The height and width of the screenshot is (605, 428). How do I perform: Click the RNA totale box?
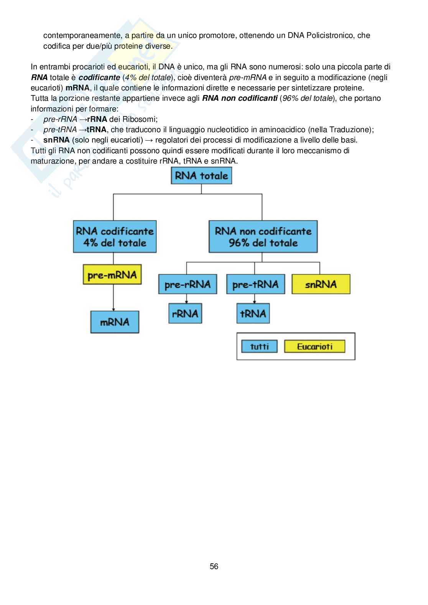pos(201,176)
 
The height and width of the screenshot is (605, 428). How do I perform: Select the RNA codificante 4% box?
pos(115,236)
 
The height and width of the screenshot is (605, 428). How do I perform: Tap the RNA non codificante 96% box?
pos(263,236)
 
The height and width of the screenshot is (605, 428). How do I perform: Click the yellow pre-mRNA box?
pos(112,274)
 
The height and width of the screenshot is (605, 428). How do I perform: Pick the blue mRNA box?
pos(115,321)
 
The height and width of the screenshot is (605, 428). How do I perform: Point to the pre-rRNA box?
pos(187,284)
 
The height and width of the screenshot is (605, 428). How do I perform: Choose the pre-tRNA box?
pos(255,284)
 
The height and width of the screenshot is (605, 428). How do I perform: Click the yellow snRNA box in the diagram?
pos(321,284)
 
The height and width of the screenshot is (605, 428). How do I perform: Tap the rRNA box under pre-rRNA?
pos(185,313)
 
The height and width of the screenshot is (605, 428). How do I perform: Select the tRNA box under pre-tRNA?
pos(253,313)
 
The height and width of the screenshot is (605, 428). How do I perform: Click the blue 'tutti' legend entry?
pos(260,346)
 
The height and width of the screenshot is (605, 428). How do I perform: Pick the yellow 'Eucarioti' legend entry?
pos(314,346)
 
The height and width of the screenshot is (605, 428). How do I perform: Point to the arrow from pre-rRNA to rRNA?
pos(187,298)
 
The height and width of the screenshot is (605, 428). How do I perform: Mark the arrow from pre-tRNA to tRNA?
pos(254,298)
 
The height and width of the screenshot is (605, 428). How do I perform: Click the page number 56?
pos(214,566)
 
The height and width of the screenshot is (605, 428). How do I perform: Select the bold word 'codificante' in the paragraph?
pos(99,77)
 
